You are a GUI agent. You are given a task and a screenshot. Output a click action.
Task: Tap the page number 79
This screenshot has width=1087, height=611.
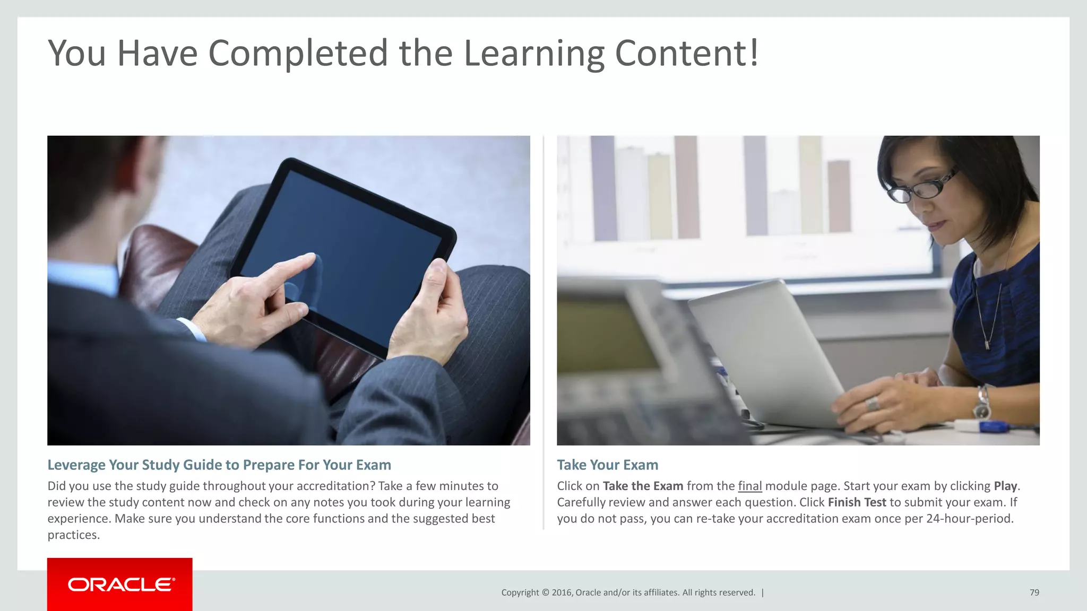point(1034,592)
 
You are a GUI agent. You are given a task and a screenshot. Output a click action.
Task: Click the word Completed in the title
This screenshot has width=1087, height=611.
point(298,53)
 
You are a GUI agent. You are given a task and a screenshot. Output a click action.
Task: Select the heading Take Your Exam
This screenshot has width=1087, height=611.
point(607,465)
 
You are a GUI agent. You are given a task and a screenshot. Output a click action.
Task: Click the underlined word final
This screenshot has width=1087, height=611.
point(749,486)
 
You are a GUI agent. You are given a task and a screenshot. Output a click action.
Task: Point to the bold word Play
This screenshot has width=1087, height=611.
point(1005,486)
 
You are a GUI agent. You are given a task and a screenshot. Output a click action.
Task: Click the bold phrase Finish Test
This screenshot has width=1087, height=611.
point(857,502)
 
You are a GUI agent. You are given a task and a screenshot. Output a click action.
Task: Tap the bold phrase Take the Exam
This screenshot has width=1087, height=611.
point(643,486)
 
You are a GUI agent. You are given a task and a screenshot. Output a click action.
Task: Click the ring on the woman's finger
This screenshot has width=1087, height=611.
point(872,404)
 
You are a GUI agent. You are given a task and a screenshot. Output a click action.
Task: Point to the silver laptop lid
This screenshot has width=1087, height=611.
point(764,350)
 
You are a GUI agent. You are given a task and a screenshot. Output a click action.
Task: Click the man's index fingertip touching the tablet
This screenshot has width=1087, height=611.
point(309,258)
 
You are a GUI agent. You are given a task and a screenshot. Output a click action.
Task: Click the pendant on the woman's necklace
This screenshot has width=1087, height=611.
point(987,344)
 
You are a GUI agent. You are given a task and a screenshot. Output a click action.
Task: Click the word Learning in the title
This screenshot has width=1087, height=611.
point(534,53)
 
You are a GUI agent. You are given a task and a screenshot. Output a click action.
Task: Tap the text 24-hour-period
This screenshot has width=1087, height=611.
point(969,518)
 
